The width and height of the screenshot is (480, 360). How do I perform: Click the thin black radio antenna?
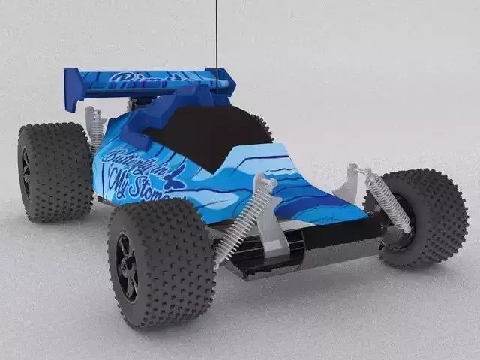tap(217, 34)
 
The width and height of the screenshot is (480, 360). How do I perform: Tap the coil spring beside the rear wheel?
tap(95, 129)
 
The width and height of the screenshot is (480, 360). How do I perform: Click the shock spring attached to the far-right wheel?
tap(388, 200)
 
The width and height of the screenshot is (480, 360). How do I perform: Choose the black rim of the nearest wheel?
tap(127, 267)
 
